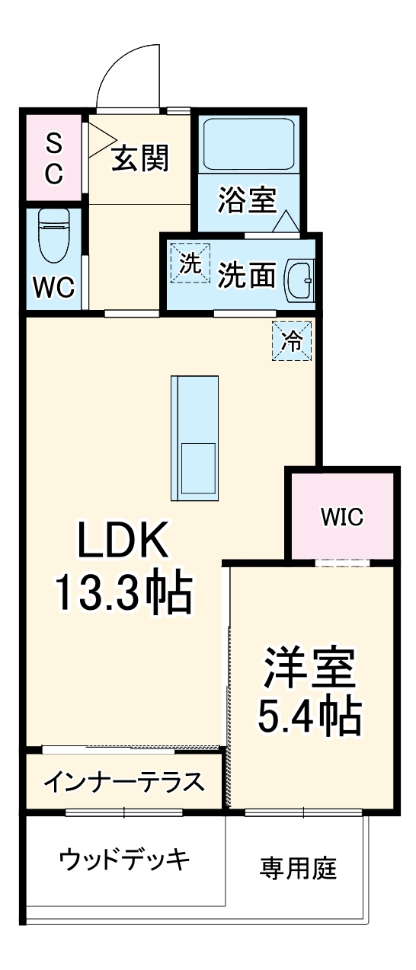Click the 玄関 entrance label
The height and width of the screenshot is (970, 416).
click(x=140, y=159)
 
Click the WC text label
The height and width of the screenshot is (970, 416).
click(x=53, y=288)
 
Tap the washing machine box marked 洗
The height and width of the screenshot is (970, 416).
click(x=190, y=263)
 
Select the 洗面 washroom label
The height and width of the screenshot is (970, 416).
click(x=247, y=276)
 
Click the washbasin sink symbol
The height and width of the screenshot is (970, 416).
click(x=299, y=282)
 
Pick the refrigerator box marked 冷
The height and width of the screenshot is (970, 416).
click(x=293, y=341)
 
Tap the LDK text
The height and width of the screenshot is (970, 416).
click(x=122, y=544)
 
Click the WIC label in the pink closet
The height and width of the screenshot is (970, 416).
click(x=341, y=518)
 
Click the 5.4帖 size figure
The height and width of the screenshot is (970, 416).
click(x=309, y=716)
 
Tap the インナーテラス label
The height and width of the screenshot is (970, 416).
click(x=124, y=781)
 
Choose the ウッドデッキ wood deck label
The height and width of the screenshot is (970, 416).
click(x=124, y=860)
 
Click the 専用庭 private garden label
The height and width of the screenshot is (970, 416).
click(x=299, y=867)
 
